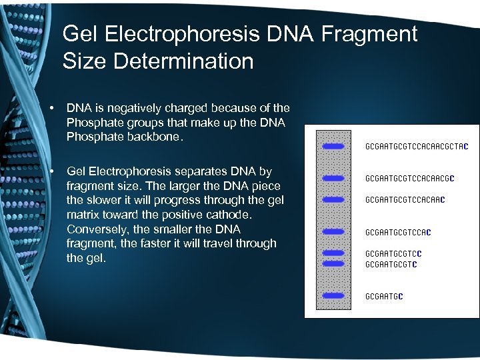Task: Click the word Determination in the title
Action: (183, 61)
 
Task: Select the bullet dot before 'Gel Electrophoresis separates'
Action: (51, 172)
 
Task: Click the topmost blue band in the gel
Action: (333, 146)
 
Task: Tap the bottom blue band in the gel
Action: (333, 295)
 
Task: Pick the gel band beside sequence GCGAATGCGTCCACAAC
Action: (333, 199)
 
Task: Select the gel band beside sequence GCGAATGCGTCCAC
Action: (333, 232)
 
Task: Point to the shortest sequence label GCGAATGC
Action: (384, 295)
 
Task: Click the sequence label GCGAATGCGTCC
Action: (393, 253)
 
